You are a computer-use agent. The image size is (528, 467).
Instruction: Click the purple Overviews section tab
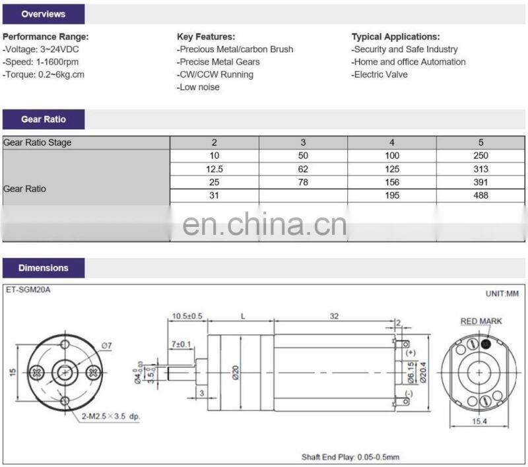[x=44, y=14]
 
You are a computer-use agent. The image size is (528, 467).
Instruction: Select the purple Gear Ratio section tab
[x=44, y=119]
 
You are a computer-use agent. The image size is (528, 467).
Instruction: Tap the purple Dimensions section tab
[x=44, y=268]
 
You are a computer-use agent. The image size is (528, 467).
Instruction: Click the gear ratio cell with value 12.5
[x=214, y=169]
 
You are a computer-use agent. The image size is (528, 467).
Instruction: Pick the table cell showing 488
[x=480, y=195]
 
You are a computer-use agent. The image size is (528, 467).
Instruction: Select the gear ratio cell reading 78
[x=303, y=182]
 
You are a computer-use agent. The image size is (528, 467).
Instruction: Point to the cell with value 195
[x=392, y=195]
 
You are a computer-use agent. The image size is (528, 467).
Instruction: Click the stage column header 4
[x=392, y=142]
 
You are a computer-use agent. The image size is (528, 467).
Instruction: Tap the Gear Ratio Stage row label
[x=38, y=142]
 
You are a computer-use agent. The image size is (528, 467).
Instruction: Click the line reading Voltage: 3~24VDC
[x=41, y=49]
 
